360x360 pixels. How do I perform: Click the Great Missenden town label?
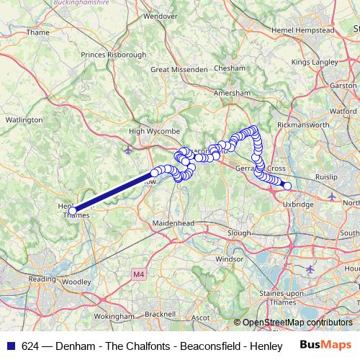(x=176, y=69)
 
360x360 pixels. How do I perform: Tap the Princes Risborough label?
(x=113, y=54)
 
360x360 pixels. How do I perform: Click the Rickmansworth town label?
(x=302, y=125)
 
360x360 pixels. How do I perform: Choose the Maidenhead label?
(x=173, y=223)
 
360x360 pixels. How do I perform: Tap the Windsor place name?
(x=230, y=258)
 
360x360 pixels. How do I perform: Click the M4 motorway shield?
(x=138, y=274)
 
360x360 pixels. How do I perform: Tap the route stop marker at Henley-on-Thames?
(x=73, y=210)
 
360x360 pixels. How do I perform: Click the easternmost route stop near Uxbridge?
(x=287, y=186)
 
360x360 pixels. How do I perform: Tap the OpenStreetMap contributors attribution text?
(x=297, y=323)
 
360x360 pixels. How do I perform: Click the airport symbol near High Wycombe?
(x=128, y=150)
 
